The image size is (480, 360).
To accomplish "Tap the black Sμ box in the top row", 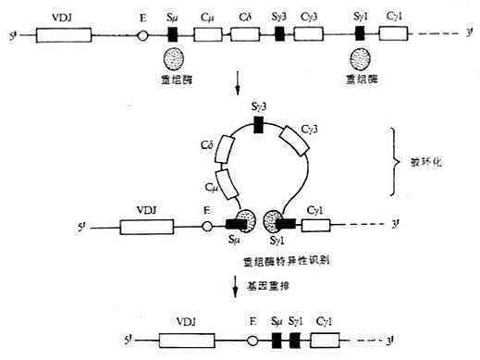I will pyautogui.click(x=173, y=35).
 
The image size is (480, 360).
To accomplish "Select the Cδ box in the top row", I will pyautogui.click(x=246, y=35).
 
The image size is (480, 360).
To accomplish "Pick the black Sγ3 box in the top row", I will pyautogui.click(x=280, y=35).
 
